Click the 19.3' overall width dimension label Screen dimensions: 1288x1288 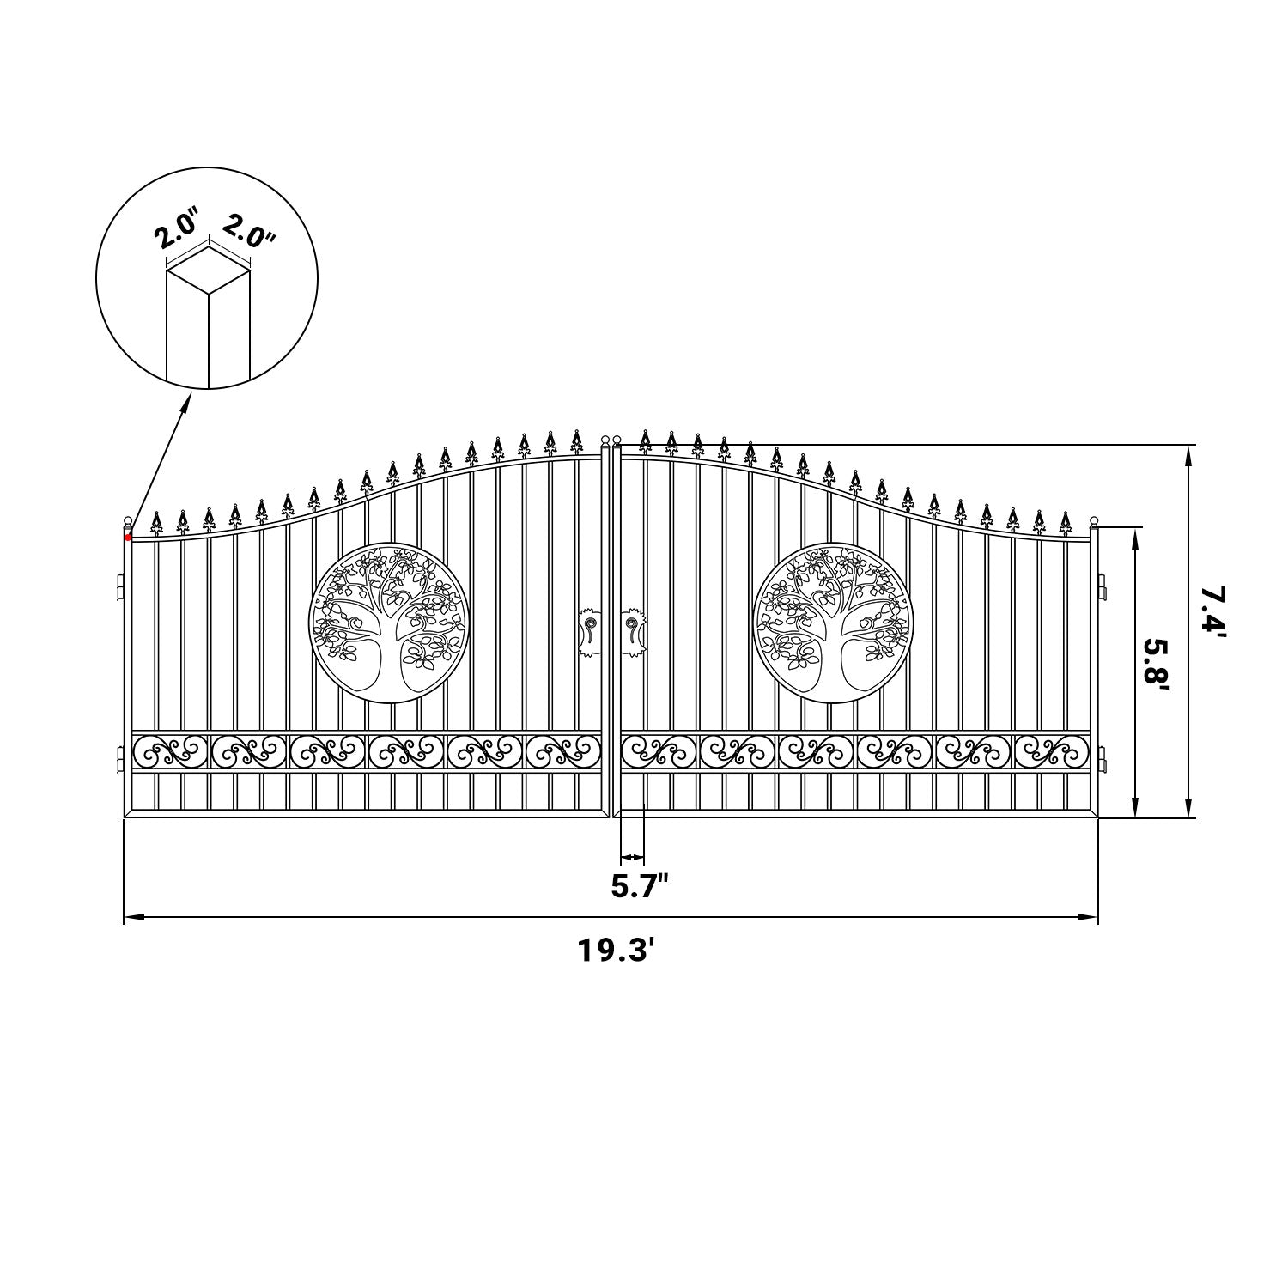pyautogui.click(x=611, y=951)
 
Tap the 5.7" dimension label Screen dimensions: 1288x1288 pyautogui.click(x=640, y=885)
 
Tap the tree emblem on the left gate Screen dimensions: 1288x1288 pyautogui.click(x=388, y=622)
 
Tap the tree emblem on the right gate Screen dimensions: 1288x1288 pyautogui.click(x=832, y=622)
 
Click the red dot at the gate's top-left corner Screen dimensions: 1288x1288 pyautogui.click(x=128, y=538)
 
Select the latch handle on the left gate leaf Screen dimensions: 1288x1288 pyautogui.click(x=590, y=633)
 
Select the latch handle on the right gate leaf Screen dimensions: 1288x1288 pyautogui.click(x=635, y=633)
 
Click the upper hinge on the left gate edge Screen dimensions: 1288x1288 pyautogui.click(x=120, y=589)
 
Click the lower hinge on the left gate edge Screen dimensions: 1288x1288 pyautogui.click(x=120, y=760)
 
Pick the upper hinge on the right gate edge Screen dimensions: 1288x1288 pyautogui.click(x=1103, y=589)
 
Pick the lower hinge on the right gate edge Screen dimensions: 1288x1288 pyautogui.click(x=1103, y=760)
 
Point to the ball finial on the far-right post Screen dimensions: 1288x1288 pyautogui.click(x=1094, y=522)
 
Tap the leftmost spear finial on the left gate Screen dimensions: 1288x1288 pyautogui.click(x=156, y=520)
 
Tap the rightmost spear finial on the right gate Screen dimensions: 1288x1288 pyautogui.click(x=1066, y=520)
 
